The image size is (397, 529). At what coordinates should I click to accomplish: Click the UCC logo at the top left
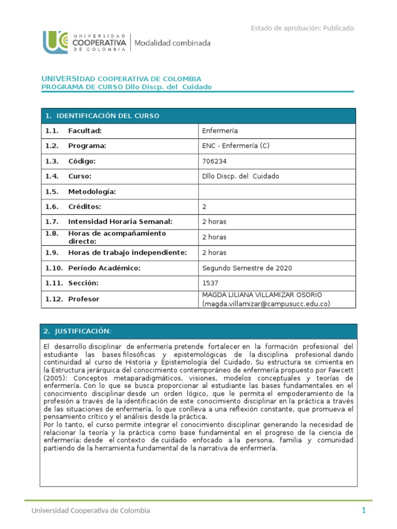tap(55, 42)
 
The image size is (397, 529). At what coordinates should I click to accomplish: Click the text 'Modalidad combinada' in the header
tap(173, 43)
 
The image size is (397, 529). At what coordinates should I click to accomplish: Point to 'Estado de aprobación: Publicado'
tap(302, 28)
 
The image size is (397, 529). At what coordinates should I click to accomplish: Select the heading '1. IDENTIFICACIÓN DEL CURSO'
tap(102, 116)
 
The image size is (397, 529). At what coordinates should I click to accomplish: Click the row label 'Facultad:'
tap(85, 131)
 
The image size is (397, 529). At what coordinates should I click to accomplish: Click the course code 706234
tap(215, 161)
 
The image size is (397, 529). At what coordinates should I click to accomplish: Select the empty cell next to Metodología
tap(277, 192)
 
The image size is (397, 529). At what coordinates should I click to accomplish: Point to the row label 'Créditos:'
tap(85, 207)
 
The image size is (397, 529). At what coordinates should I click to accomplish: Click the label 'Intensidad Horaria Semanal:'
tap(120, 222)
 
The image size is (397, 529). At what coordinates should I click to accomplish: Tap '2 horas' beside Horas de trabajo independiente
tap(214, 253)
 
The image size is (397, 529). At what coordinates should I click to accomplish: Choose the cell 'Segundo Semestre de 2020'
tap(247, 268)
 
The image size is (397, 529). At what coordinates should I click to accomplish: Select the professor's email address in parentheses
tap(266, 304)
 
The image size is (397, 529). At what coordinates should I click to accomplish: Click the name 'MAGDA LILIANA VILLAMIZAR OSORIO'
tap(262, 295)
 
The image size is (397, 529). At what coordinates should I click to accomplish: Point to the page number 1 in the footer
tap(363, 510)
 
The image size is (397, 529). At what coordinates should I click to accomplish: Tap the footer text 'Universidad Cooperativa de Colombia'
tap(90, 510)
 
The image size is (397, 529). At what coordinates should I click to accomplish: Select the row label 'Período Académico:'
tap(104, 268)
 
